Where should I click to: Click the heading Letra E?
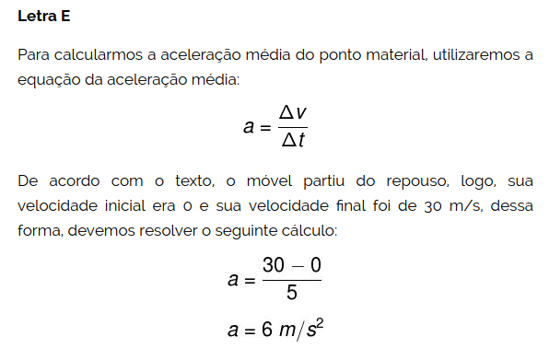click(43, 17)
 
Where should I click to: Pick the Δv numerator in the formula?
click(293, 113)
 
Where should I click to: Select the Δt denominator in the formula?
click(293, 141)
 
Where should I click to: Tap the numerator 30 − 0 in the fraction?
click(292, 265)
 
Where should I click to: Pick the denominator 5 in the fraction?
click(292, 294)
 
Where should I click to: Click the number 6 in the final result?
click(266, 330)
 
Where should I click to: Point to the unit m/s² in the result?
click(305, 330)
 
